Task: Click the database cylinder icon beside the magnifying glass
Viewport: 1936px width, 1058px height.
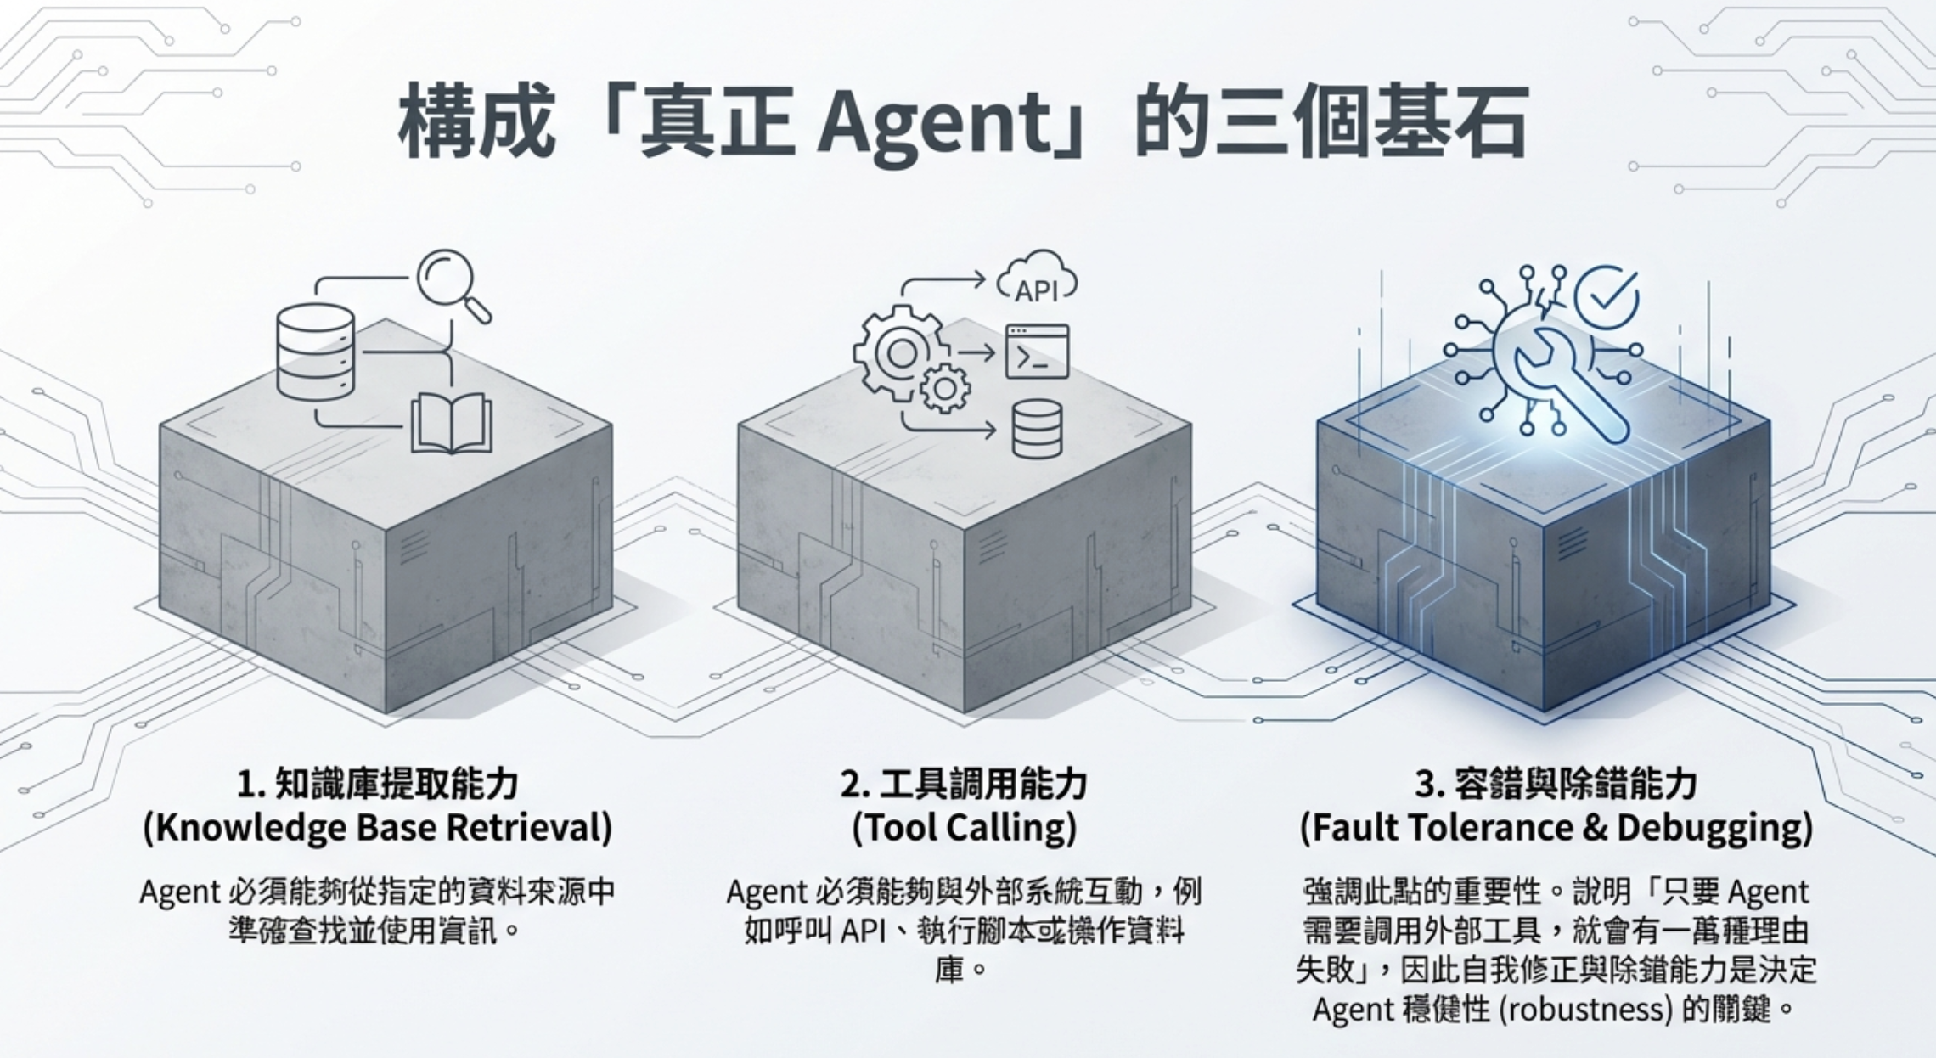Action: tap(315, 352)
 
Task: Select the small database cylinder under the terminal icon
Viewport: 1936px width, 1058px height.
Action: tap(1037, 429)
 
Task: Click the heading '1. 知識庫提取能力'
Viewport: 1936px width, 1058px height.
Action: tap(377, 784)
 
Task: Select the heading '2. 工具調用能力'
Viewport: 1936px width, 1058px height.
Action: tap(964, 784)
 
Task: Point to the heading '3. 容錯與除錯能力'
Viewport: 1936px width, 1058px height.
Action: tap(1556, 784)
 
